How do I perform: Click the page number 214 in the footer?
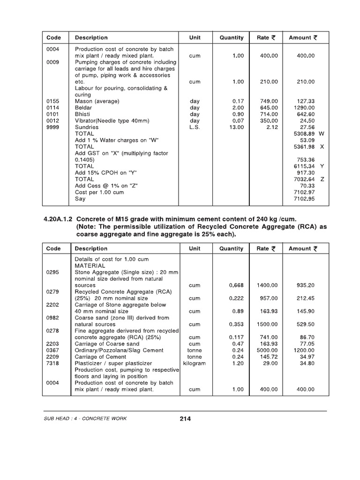(185, 419)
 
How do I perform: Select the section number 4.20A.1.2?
(58, 219)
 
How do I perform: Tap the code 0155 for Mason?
(52, 101)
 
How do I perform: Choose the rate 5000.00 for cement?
(267, 350)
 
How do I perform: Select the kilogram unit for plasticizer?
(195, 363)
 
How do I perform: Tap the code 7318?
(52, 363)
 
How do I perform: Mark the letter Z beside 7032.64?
(322, 179)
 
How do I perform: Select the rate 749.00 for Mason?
(269, 101)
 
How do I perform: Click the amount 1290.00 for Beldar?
(304, 107)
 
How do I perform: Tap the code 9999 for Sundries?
(52, 127)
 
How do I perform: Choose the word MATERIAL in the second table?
(90, 266)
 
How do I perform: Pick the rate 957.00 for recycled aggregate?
(269, 298)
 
